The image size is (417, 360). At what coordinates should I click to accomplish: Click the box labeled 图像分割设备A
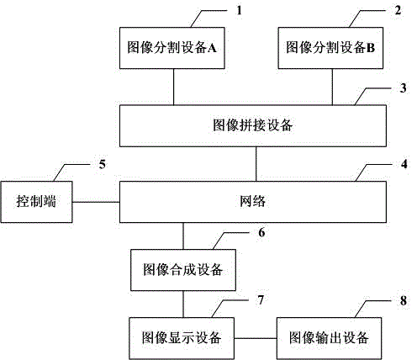pos(172,48)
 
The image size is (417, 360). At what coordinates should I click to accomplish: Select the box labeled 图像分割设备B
pos(330,48)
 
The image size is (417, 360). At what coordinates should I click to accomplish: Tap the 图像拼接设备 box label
pos(253,125)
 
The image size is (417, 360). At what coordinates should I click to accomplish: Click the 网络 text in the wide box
pos(252,201)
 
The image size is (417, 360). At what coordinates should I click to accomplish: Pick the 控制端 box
pos(36,202)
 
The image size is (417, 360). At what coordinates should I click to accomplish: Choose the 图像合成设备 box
pos(183,270)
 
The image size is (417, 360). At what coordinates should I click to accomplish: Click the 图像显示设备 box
pos(182,338)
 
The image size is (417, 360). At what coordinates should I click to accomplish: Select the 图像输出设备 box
pos(329,338)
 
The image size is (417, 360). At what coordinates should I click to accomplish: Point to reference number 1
pos(239,11)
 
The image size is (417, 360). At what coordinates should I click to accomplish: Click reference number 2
pos(398,11)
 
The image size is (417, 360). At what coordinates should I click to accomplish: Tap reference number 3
pos(403,88)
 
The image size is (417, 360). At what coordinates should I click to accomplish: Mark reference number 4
pos(404,164)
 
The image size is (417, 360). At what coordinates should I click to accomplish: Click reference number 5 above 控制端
pos(103,164)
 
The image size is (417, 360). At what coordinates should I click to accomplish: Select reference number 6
pos(261,232)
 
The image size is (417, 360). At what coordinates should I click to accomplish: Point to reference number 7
pos(261,300)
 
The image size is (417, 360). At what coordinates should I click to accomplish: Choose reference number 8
pos(404,301)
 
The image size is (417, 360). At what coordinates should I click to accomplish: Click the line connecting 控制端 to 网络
pos(96,202)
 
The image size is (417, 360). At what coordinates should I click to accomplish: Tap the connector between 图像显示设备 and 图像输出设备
pos(256,338)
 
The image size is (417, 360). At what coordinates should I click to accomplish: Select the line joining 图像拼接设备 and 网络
pos(256,164)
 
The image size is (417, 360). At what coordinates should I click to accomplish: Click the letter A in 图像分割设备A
pos(212,48)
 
